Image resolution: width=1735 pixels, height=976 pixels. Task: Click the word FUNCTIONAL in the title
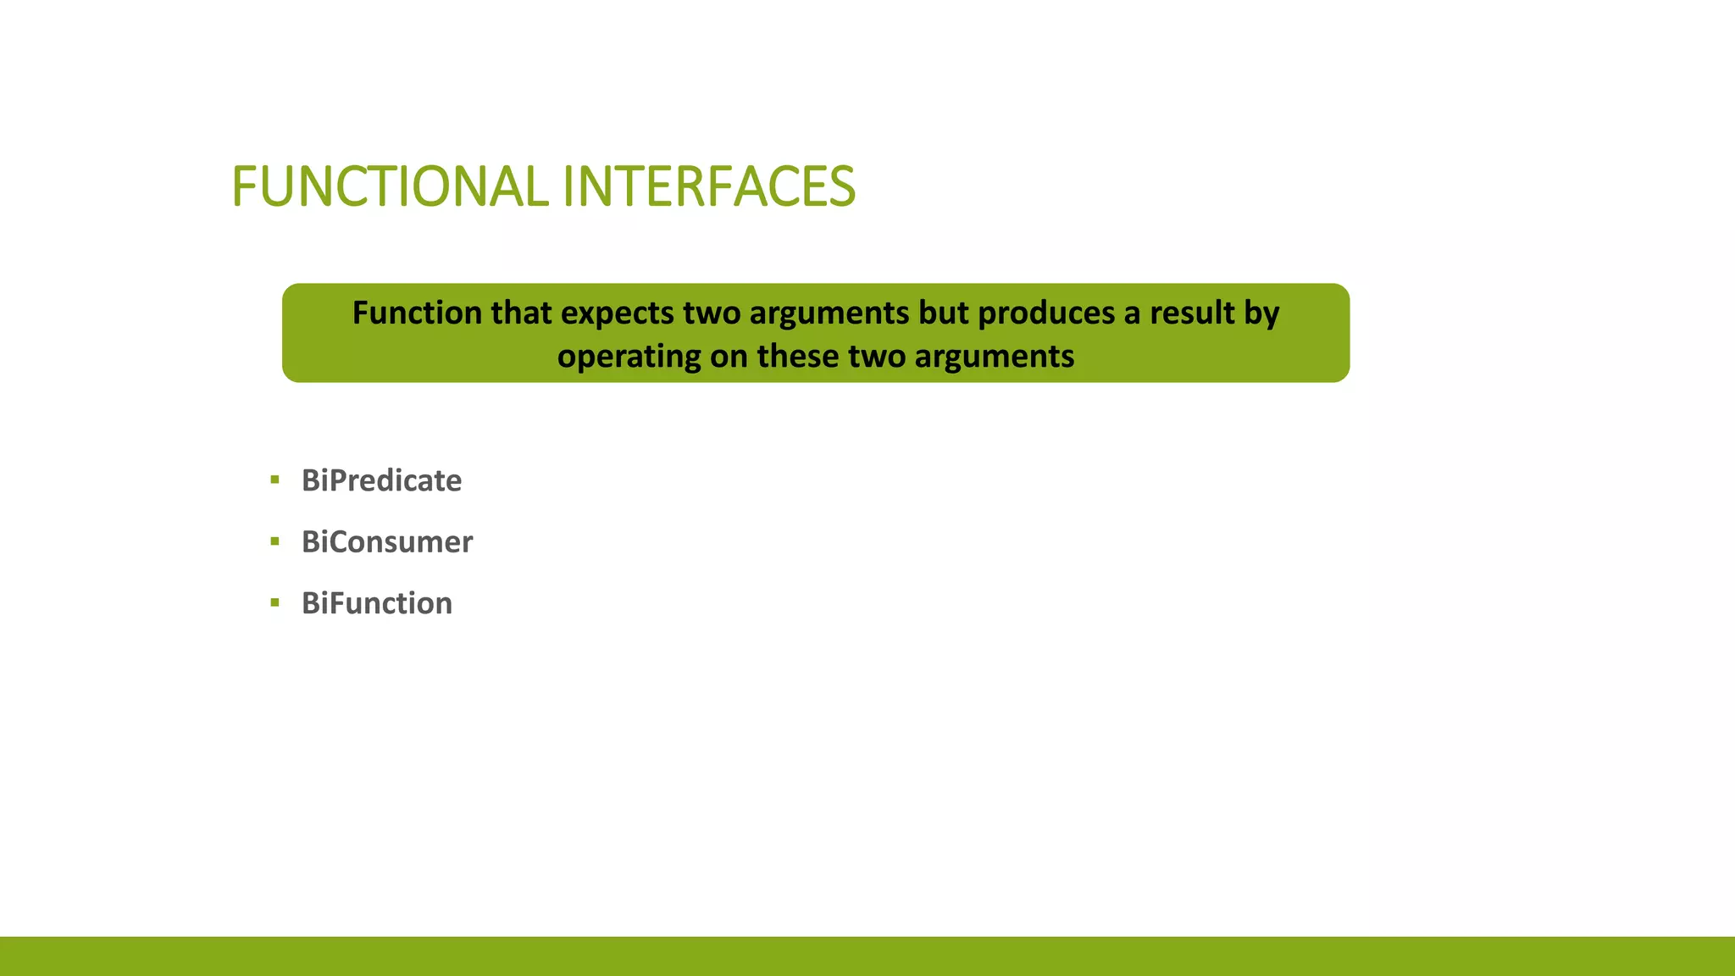tap(390, 186)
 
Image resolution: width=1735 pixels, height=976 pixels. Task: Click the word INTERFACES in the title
tap(708, 186)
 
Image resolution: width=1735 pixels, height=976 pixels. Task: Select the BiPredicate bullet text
tap(381, 480)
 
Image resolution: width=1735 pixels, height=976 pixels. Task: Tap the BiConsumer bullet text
tap(387, 541)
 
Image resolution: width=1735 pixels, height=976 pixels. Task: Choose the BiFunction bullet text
tap(377, 603)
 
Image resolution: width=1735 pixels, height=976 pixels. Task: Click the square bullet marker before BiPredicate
tap(274, 480)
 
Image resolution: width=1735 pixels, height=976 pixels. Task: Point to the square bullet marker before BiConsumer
tap(274, 541)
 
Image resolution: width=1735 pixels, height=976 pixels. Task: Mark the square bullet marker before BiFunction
tap(274, 603)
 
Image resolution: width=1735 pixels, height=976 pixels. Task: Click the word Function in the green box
tap(416, 313)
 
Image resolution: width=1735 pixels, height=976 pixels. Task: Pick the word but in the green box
tap(943, 313)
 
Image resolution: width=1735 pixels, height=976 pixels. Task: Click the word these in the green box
tap(797, 356)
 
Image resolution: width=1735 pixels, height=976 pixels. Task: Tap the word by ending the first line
tap(1261, 313)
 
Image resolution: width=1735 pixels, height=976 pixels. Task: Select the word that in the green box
tap(521, 313)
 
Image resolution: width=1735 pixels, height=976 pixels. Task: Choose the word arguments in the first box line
tap(829, 313)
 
